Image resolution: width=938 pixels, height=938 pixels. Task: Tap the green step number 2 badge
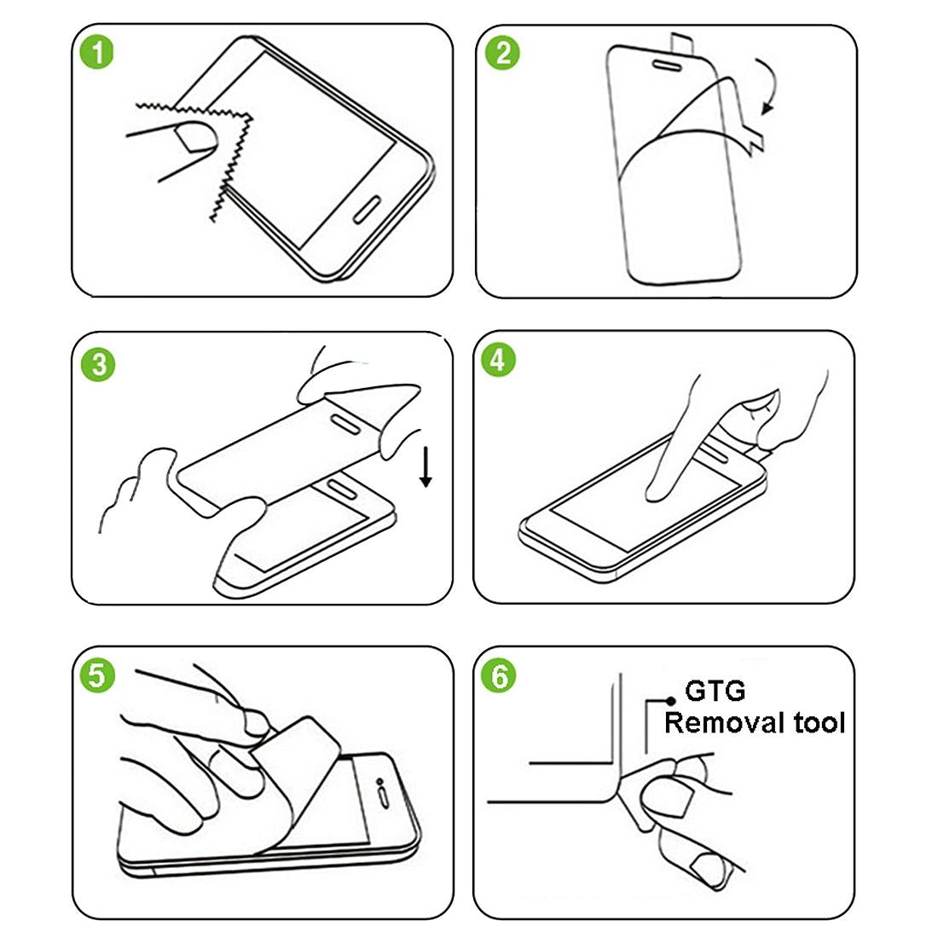pos(502,53)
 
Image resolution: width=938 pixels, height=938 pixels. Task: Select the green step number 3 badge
pos(99,365)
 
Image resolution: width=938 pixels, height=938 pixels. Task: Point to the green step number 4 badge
pos(499,360)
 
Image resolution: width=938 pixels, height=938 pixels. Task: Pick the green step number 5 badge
pos(97,675)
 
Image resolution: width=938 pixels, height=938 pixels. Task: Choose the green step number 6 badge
pos(499,677)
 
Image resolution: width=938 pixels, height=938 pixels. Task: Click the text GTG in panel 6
pos(715,692)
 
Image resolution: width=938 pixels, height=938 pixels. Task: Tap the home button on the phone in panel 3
pos(343,488)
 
